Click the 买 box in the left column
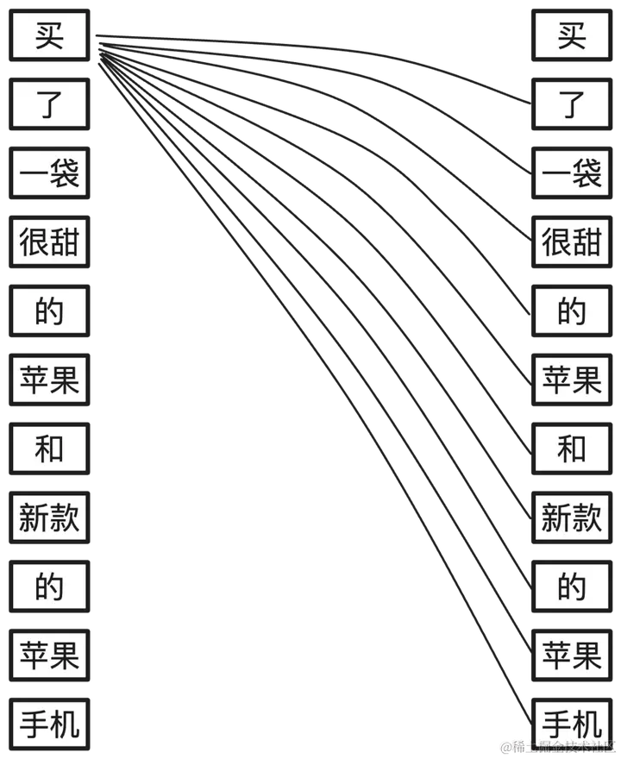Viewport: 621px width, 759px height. [49, 35]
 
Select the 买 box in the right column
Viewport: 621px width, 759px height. [572, 35]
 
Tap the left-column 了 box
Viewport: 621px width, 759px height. [49, 104]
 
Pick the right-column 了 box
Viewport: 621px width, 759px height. [572, 104]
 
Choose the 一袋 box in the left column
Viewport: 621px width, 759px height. [49, 173]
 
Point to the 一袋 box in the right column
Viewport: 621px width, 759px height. [572, 173]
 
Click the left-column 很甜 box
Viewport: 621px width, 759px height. [49, 242]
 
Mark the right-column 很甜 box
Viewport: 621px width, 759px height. [572, 242]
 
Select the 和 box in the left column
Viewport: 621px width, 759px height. [49, 449]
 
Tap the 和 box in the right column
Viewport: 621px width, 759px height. [572, 449]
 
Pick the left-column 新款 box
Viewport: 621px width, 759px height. [49, 518]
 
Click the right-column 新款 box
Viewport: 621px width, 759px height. [572, 518]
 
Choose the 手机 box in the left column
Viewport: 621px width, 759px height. [49, 723]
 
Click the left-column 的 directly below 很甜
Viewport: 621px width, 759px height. [49, 311]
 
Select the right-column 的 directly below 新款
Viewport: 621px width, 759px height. [572, 587]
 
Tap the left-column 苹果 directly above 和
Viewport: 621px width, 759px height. [49, 380]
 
